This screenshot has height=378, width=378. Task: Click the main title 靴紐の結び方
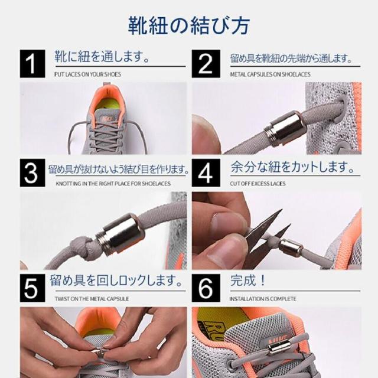click(x=189, y=25)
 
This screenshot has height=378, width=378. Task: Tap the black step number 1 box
click(x=32, y=64)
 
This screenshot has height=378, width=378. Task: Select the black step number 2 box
click(x=206, y=64)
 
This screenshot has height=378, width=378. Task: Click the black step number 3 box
click(x=32, y=173)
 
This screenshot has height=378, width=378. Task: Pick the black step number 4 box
click(x=206, y=173)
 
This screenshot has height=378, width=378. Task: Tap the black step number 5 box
click(x=32, y=288)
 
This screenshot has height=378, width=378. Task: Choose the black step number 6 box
click(x=206, y=288)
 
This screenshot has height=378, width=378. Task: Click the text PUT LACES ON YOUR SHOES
click(x=87, y=74)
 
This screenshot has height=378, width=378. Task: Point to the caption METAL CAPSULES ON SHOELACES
click(x=271, y=74)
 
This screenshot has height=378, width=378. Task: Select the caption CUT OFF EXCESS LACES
click(x=258, y=184)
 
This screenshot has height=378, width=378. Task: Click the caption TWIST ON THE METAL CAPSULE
click(x=92, y=299)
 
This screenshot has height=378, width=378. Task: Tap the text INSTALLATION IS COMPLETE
click(x=263, y=299)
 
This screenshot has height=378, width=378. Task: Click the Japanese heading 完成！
click(x=248, y=281)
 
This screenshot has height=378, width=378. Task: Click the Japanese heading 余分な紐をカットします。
click(x=293, y=167)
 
